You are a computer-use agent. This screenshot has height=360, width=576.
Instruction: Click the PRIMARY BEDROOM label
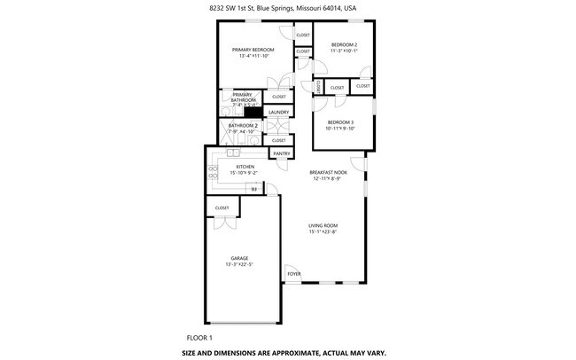tap(253, 50)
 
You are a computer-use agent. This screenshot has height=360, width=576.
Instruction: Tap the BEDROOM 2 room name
tap(344, 44)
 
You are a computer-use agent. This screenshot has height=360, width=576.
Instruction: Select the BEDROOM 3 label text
tap(340, 122)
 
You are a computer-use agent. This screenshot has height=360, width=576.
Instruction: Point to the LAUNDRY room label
tap(278, 113)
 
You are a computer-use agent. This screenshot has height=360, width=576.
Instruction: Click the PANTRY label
tap(282, 153)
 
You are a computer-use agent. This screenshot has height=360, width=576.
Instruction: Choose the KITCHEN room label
tap(245, 167)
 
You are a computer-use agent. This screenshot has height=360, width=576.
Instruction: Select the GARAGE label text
tap(239, 258)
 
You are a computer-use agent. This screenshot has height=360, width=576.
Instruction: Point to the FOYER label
tap(294, 274)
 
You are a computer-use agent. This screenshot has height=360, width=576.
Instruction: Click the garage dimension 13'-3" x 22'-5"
tap(239, 264)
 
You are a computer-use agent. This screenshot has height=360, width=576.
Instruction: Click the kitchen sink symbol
tap(232, 153)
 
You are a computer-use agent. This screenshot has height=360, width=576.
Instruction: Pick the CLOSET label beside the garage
tap(222, 207)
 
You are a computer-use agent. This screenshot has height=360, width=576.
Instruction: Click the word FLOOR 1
tap(199, 338)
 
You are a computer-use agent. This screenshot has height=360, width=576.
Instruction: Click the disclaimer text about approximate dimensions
tap(284, 352)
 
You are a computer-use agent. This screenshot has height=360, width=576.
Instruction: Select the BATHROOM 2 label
tap(243, 126)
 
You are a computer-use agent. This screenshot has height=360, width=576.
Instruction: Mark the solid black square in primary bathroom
tap(253, 112)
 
